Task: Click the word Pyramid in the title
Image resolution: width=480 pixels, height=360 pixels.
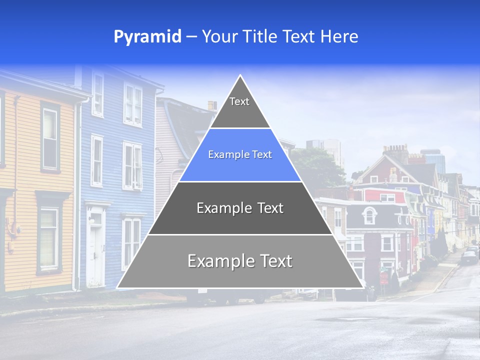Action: click(x=147, y=36)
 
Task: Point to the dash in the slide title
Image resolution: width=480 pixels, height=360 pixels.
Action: click(x=191, y=37)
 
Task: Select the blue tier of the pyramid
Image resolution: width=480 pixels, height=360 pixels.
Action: click(x=240, y=155)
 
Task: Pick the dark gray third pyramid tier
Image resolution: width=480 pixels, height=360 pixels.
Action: click(x=240, y=208)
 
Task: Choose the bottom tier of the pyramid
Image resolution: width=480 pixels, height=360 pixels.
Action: click(x=240, y=261)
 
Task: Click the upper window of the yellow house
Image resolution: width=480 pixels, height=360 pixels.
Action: click(x=50, y=132)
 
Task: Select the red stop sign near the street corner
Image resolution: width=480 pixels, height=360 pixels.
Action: click(x=383, y=276)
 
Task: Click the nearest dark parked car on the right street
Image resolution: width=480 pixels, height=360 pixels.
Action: click(x=469, y=257)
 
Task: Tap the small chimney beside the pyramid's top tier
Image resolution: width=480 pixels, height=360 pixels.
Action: click(x=212, y=105)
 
